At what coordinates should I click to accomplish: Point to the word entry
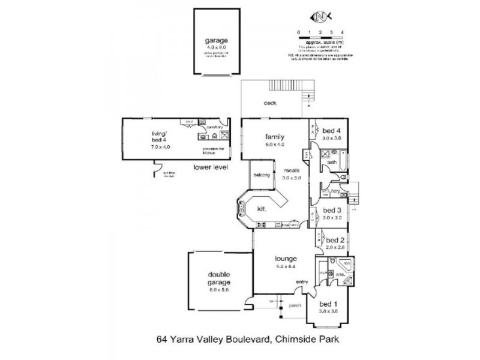tap(301, 282)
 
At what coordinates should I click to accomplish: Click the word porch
tap(295, 305)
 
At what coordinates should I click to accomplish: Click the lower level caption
tap(211, 167)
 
